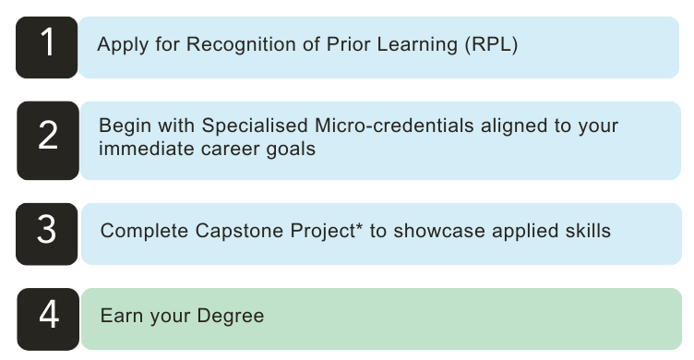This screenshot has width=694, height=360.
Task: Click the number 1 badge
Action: coord(47,45)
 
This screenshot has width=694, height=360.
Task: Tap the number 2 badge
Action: coord(48,138)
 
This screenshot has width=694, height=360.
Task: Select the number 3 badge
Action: coord(47,230)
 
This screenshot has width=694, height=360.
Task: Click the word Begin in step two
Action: coord(124,125)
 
